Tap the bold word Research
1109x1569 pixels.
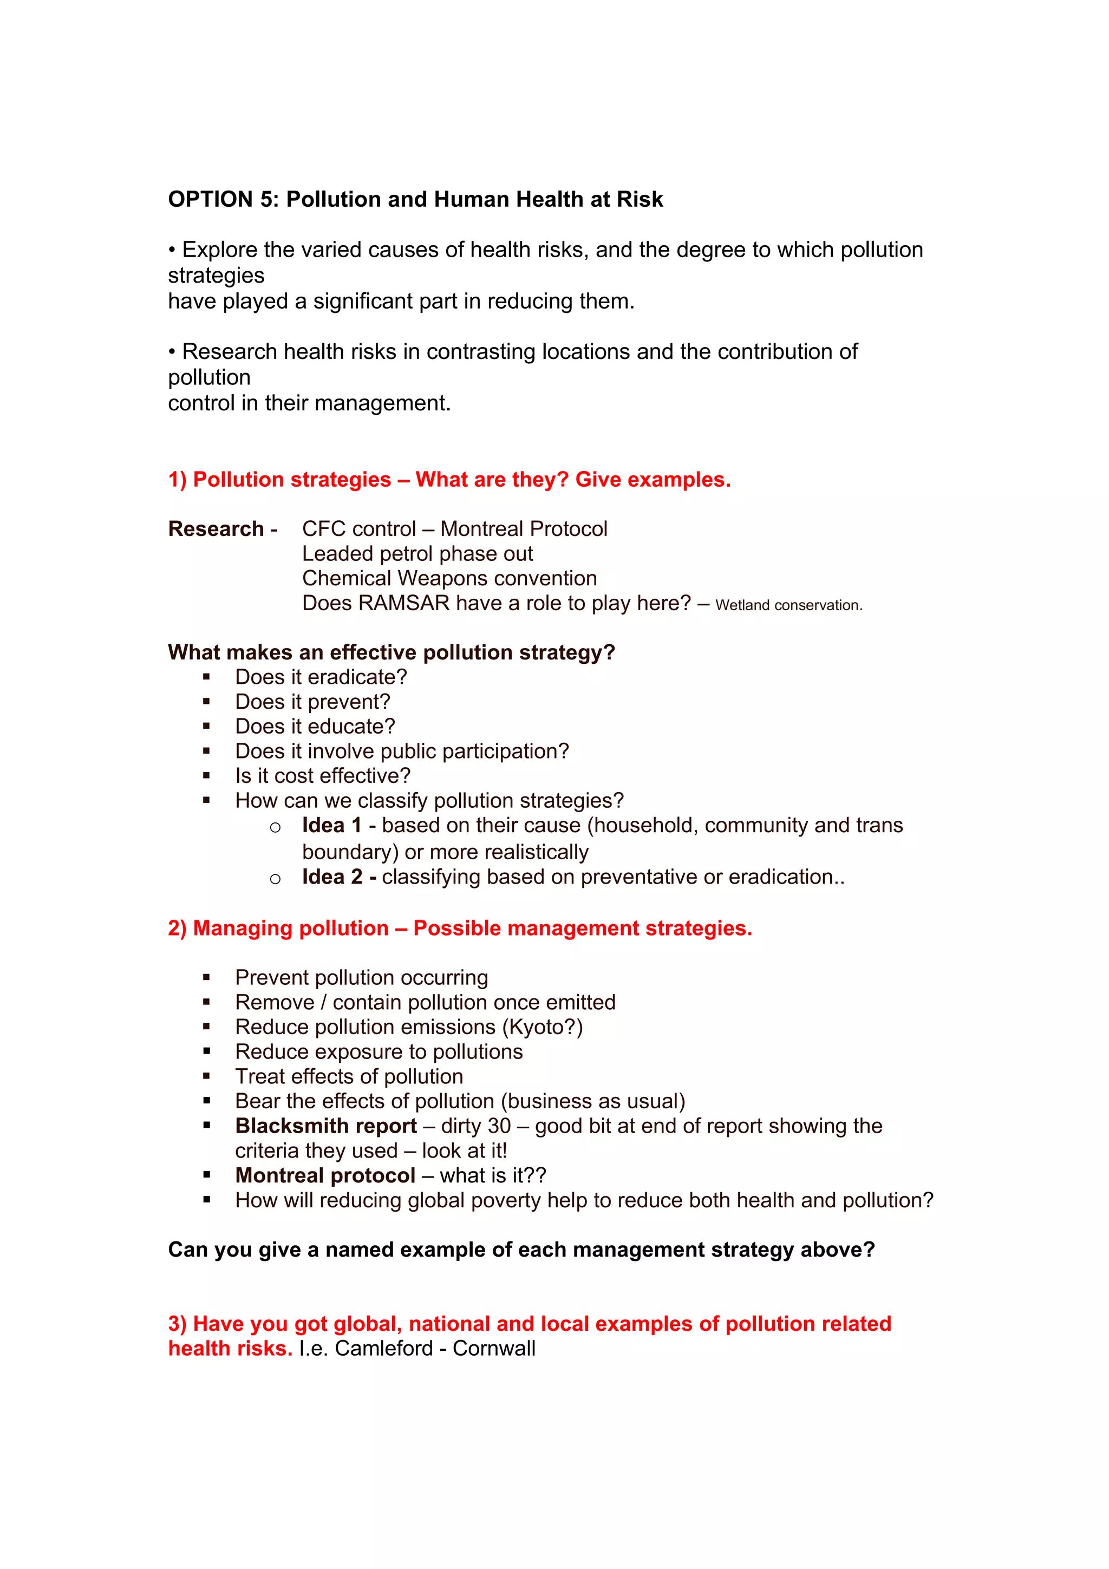coord(216,528)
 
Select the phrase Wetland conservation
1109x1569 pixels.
coord(788,605)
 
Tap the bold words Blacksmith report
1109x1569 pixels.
coord(326,1126)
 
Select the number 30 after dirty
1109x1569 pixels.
coord(499,1126)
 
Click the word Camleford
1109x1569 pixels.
coord(384,1348)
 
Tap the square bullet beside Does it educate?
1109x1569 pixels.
coord(206,727)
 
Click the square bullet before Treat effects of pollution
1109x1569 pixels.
coord(206,1076)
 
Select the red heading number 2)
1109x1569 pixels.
coord(178,928)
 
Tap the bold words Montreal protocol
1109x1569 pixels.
coord(325,1175)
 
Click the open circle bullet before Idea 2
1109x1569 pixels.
coord(276,879)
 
